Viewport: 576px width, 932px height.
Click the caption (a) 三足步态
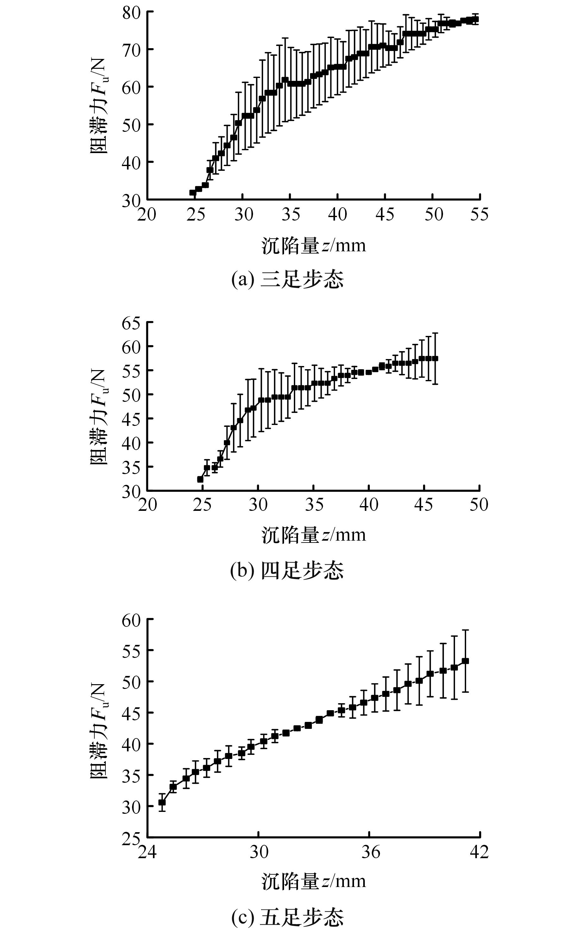pos(288,280)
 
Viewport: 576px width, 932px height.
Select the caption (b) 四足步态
pos(288,571)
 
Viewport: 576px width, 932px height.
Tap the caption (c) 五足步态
pos(288,917)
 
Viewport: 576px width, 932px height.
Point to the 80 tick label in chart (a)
pos(131,13)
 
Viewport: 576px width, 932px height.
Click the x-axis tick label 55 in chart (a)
pos(479,215)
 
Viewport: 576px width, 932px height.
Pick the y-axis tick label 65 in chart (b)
pos(131,323)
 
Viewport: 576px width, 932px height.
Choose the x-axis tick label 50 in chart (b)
pos(479,505)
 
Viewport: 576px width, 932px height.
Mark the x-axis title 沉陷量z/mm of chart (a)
pos(313,246)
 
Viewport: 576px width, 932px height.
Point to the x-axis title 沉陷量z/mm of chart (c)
pos(313,881)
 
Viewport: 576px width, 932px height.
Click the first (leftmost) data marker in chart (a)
pos(193,192)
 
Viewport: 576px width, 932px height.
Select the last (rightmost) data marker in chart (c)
pos(465,661)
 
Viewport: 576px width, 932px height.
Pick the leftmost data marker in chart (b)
pos(200,479)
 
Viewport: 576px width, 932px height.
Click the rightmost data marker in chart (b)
pos(435,358)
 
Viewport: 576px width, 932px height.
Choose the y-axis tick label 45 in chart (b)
pos(131,419)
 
